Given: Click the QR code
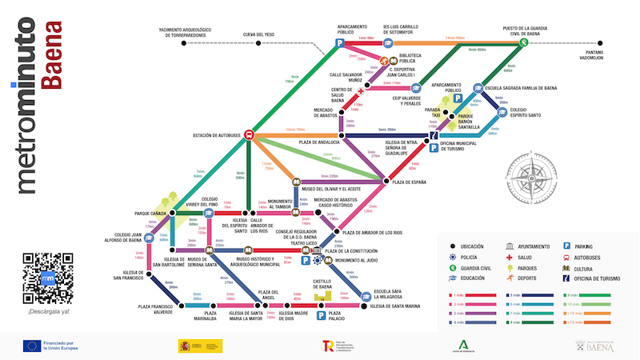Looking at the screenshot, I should [48, 278].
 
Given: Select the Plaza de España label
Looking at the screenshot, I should [408, 182].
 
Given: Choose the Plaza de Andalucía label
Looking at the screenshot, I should [320, 142].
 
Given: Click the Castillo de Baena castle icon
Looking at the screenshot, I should [322, 296].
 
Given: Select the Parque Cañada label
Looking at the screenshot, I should [150, 214].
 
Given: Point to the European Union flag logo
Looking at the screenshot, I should [33, 346].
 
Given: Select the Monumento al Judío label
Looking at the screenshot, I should [356, 261].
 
